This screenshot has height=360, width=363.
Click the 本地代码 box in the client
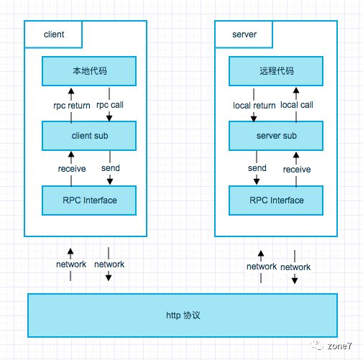pos(89,71)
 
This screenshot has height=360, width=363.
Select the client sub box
pos(89,135)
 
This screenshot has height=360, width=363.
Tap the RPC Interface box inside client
pos(89,200)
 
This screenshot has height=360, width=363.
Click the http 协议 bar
pos(181,315)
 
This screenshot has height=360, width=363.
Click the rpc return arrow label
pos(71,106)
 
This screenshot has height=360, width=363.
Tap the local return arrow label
pos(254,106)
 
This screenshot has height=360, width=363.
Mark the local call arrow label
pos(296,105)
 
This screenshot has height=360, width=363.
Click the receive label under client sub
pos(72,169)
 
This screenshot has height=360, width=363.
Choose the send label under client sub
pos(110,168)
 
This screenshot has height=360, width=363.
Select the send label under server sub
pos(257,168)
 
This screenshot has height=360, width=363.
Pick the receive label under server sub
pos(296,170)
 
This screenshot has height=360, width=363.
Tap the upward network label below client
pos(71,264)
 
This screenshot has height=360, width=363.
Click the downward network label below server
pos(295,267)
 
